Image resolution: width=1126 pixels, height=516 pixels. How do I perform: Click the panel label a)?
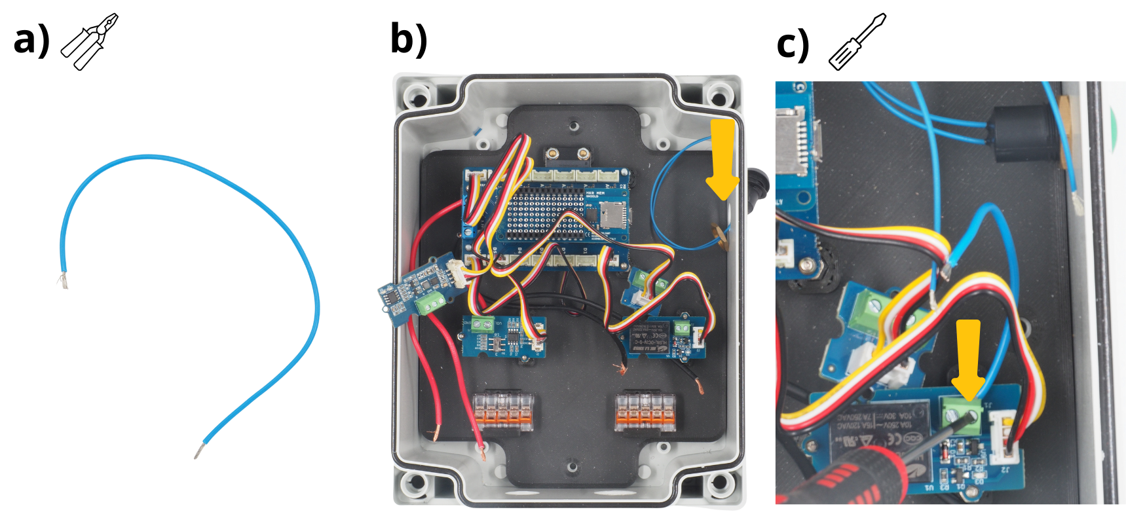click(x=31, y=40)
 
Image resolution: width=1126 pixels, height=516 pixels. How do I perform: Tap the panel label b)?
click(x=409, y=39)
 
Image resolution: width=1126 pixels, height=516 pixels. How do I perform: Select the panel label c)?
click(x=793, y=45)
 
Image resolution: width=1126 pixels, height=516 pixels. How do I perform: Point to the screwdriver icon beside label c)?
click(x=857, y=41)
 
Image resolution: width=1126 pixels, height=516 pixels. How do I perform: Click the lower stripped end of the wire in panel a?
click(x=198, y=451)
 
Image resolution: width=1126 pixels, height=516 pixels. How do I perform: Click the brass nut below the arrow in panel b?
click(x=721, y=236)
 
